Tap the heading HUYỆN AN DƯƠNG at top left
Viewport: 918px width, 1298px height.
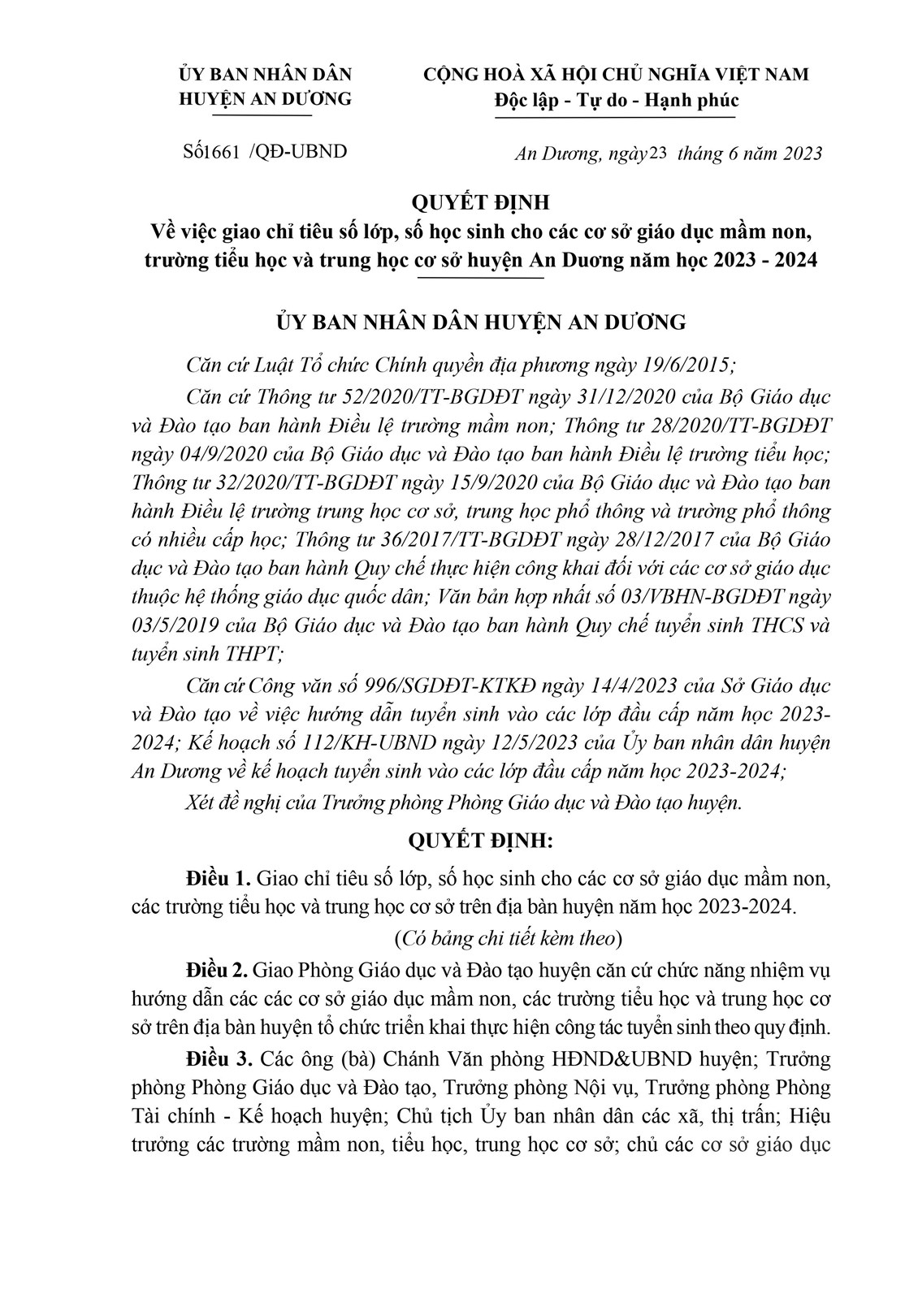click(x=265, y=99)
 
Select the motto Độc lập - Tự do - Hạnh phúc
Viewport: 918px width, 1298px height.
click(x=616, y=101)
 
